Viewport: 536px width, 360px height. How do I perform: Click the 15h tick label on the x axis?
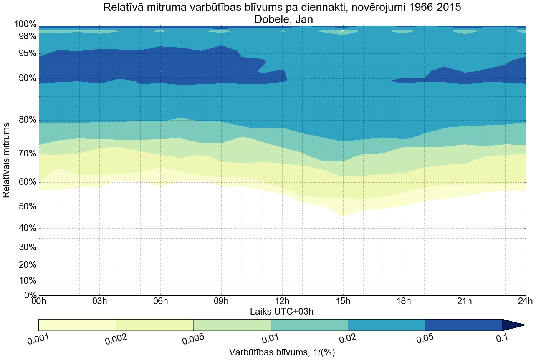(x=343, y=301)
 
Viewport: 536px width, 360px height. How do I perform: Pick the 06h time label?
(x=160, y=301)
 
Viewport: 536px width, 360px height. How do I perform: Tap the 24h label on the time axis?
(x=525, y=301)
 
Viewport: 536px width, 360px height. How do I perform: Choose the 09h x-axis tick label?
(x=221, y=301)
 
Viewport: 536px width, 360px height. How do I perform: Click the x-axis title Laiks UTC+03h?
(x=282, y=311)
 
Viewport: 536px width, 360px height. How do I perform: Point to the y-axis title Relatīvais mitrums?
(x=7, y=160)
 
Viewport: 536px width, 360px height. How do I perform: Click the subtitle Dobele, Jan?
(x=282, y=19)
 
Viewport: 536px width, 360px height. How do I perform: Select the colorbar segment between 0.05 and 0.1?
(x=463, y=325)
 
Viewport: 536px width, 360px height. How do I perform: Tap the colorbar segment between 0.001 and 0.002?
(x=77, y=325)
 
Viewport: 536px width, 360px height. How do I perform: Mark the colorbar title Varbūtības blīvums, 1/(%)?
(x=282, y=352)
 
